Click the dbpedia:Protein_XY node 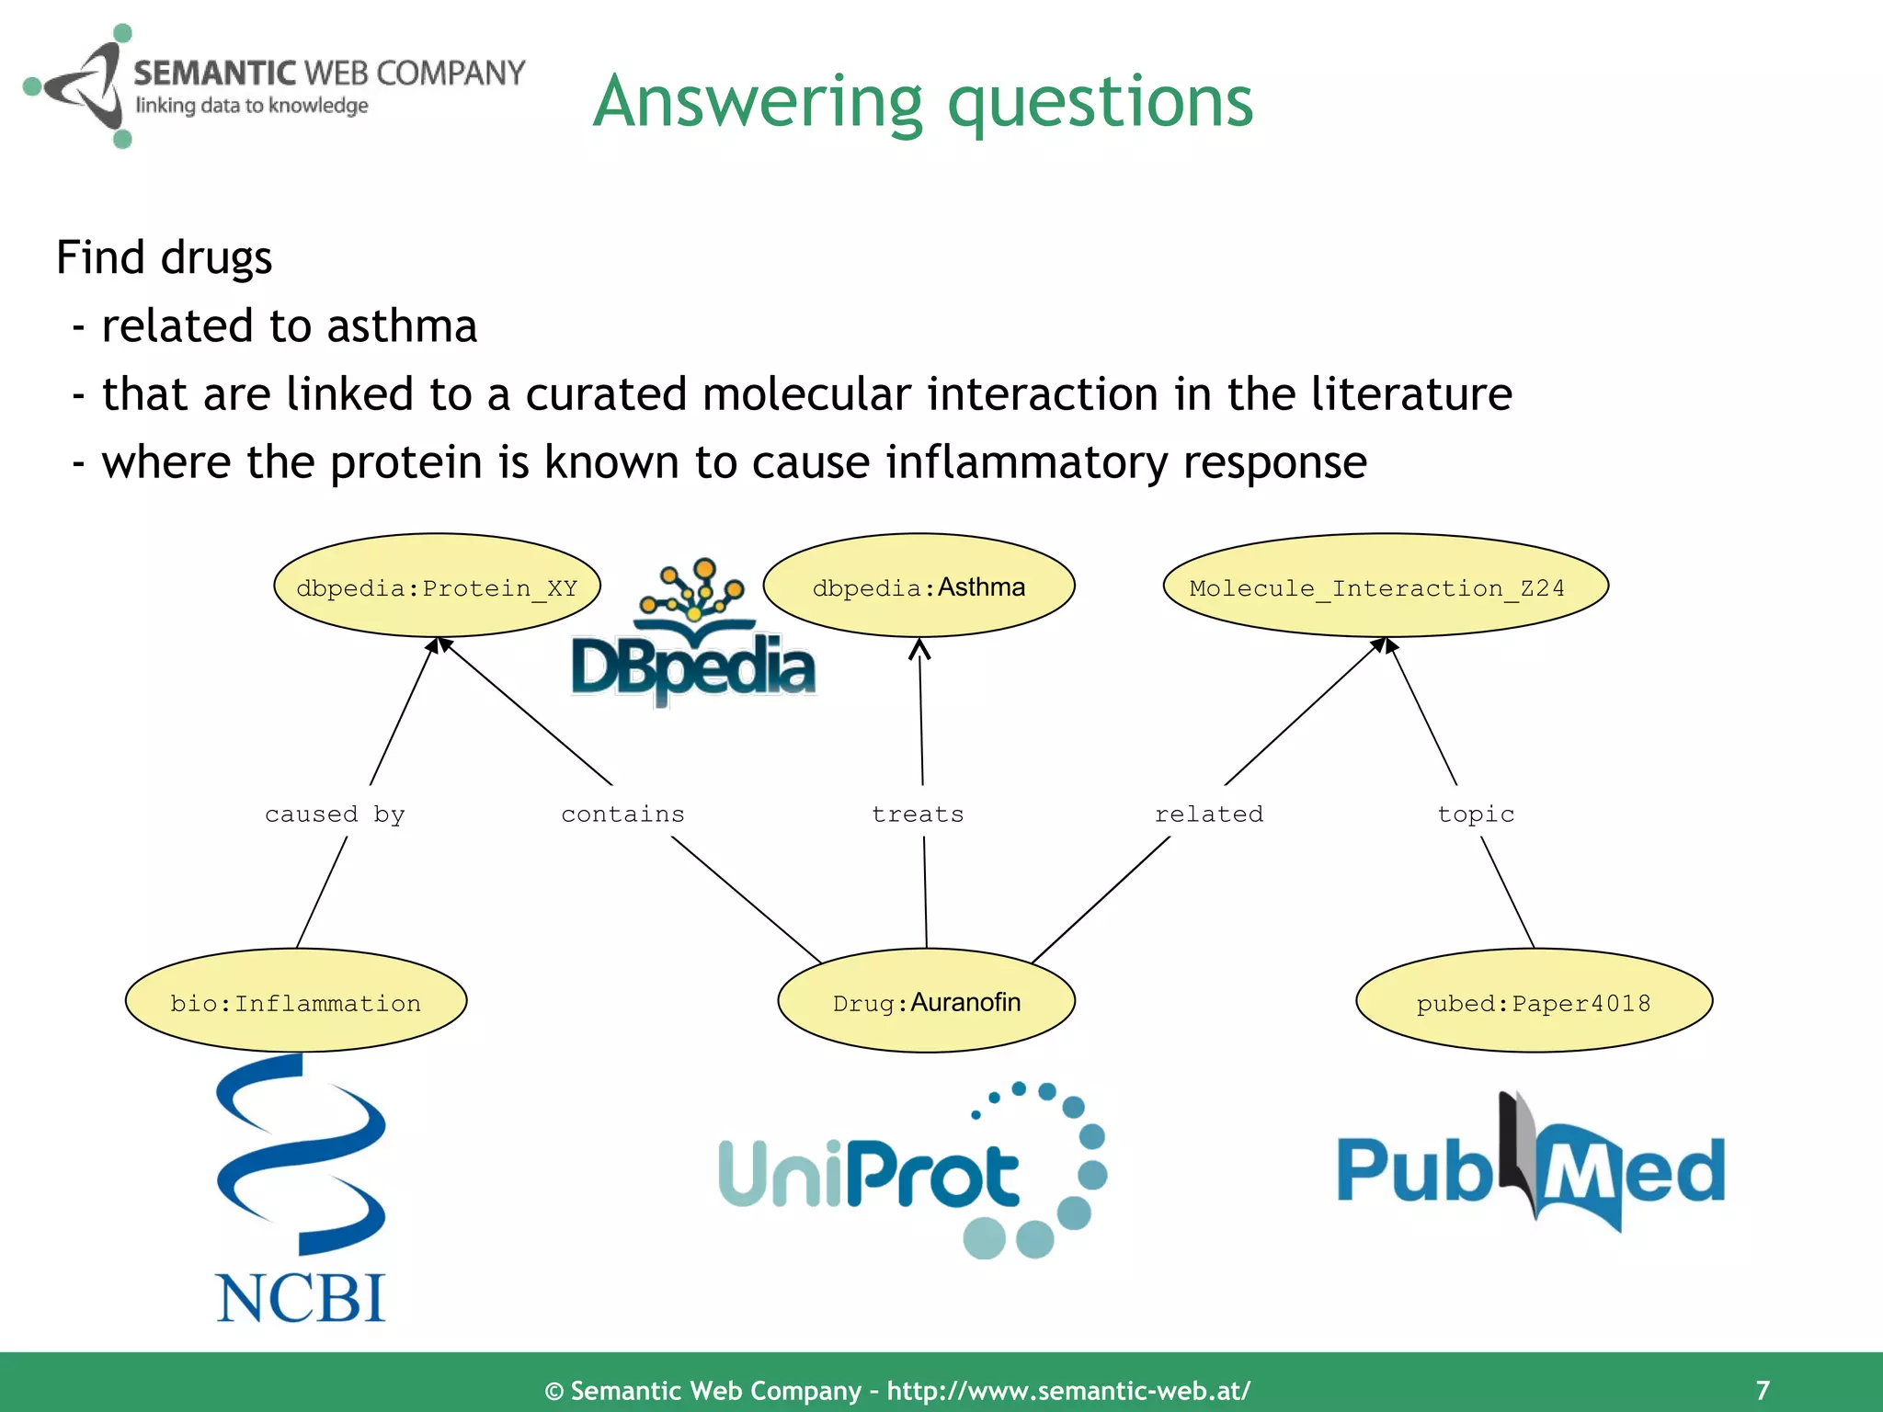[437, 586]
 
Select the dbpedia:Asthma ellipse [919, 586]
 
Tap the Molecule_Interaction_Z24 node [1385, 586]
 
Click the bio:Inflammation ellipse [296, 1001]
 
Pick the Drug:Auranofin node [926, 1001]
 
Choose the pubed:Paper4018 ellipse [1534, 1001]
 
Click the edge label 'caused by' [335, 814]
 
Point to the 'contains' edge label [622, 814]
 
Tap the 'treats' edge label [918, 814]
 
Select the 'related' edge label [1208, 814]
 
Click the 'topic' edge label [1475, 814]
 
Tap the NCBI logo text [301, 1298]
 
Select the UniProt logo [910, 1172]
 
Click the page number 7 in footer [1762, 1389]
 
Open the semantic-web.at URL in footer [1068, 1390]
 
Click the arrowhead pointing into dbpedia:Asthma [919, 649]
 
